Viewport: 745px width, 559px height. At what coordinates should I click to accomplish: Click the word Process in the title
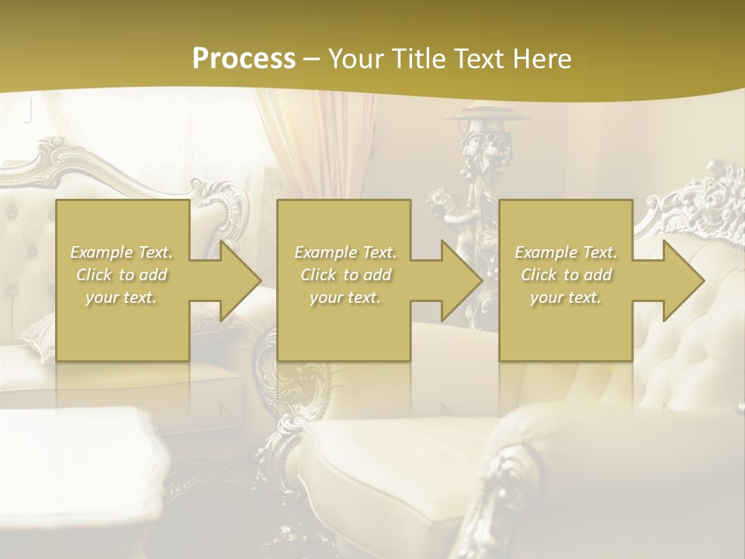(244, 59)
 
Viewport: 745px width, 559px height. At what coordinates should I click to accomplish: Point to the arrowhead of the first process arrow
(240, 280)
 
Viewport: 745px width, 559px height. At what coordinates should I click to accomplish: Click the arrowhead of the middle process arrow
(462, 280)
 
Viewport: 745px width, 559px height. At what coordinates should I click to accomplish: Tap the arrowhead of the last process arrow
(684, 280)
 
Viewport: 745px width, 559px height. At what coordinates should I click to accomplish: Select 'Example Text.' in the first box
(122, 252)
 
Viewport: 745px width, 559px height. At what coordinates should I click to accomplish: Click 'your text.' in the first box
(122, 297)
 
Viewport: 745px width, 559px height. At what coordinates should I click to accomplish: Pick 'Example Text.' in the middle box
(345, 252)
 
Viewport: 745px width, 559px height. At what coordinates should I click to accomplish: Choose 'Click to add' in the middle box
(345, 275)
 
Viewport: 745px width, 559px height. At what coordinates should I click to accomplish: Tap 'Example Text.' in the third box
(566, 252)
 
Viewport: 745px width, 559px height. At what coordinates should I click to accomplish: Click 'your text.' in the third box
(566, 297)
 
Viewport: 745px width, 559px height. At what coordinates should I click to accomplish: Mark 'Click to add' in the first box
(122, 275)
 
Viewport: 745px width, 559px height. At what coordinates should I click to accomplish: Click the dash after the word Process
(312, 59)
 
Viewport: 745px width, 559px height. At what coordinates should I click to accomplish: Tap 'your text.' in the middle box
(345, 297)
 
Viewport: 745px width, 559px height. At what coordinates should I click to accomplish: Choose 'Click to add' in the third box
(566, 275)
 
